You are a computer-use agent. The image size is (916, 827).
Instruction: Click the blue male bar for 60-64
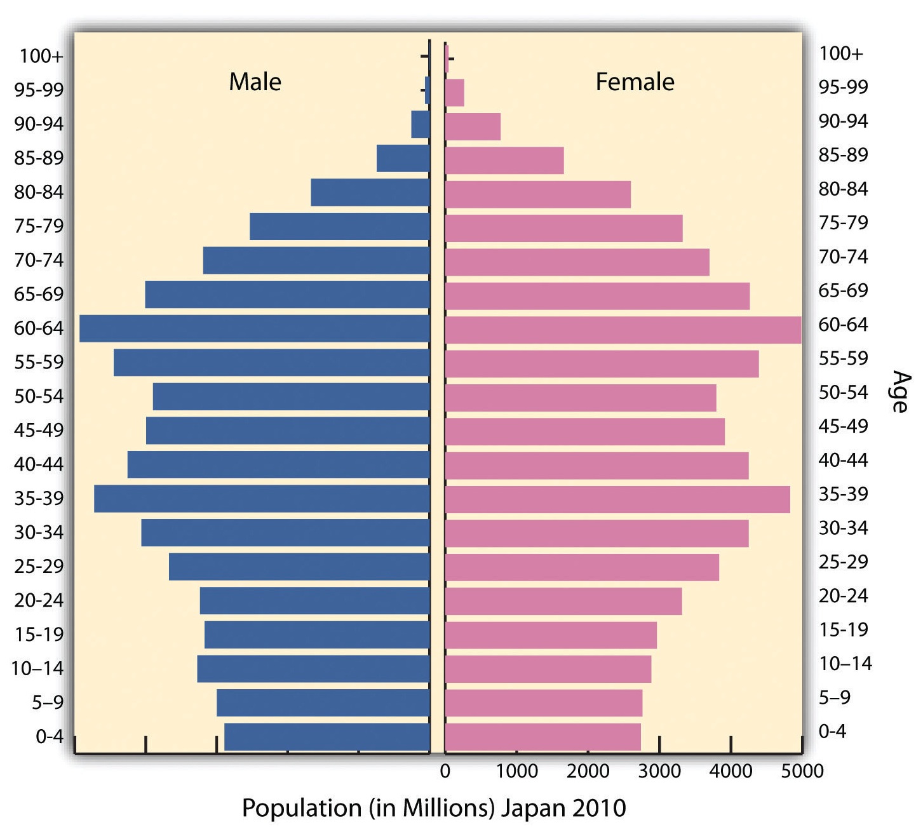point(254,328)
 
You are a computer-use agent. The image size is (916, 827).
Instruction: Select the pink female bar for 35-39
point(617,499)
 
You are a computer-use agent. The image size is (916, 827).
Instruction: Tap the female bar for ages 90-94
point(473,126)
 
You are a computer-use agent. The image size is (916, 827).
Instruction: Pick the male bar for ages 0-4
point(327,737)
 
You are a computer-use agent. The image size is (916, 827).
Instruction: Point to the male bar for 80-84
point(370,192)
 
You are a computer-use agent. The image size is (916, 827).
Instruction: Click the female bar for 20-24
point(563,601)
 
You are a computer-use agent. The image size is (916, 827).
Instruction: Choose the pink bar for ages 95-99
point(454,93)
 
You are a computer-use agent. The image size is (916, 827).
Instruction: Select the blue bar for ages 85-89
point(403,158)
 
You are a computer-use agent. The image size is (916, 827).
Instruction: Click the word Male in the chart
point(255,82)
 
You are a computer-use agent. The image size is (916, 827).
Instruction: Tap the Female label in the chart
point(635,82)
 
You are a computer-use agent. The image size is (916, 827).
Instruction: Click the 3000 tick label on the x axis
point(659,771)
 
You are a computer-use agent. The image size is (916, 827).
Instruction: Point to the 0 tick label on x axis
point(445,771)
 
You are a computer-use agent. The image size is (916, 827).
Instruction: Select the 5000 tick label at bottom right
point(802,771)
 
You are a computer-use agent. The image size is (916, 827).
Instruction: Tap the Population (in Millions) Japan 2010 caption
point(434,808)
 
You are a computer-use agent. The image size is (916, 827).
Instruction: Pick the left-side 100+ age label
point(41,56)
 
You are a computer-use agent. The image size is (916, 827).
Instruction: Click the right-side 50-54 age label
point(843,393)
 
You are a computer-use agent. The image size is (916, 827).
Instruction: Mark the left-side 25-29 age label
point(39,566)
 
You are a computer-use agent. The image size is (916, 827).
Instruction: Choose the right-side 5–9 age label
point(834,697)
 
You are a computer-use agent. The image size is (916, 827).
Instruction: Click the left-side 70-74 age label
point(39,260)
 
